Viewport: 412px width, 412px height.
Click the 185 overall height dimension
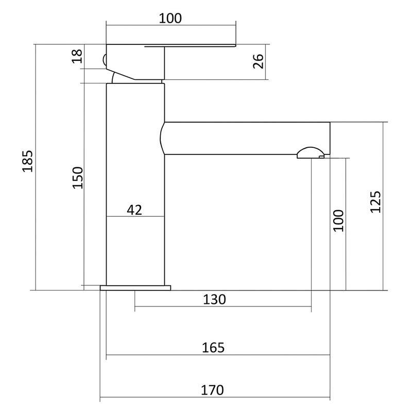pyautogui.click(x=28, y=161)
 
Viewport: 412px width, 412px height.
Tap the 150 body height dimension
pyautogui.click(x=78, y=178)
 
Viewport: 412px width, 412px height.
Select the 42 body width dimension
pyautogui.click(x=134, y=210)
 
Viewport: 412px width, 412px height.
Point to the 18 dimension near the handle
pyautogui.click(x=77, y=56)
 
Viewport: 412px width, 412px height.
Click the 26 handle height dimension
pyautogui.click(x=258, y=61)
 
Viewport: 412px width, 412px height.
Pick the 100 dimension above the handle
pyautogui.click(x=170, y=18)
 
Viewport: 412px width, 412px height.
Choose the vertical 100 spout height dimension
pyautogui.click(x=338, y=221)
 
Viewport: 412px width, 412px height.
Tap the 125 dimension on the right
pyautogui.click(x=375, y=202)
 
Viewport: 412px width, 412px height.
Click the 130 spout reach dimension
pyautogui.click(x=214, y=299)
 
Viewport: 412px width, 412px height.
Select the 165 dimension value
pyautogui.click(x=213, y=348)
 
